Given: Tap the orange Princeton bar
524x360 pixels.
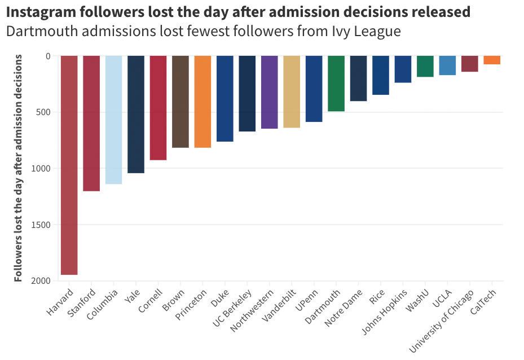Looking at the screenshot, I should tap(202, 102).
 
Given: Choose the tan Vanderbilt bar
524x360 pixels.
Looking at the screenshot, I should tap(292, 91).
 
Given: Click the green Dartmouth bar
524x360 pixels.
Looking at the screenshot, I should tap(336, 84).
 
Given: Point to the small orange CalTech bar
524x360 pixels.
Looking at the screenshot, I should tap(492, 60).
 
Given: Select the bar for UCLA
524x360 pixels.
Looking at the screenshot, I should tap(447, 65).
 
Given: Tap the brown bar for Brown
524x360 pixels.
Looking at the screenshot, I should tap(180, 102).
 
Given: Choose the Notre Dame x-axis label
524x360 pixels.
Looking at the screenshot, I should tap(343, 308).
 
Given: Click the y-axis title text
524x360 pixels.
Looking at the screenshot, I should tap(18, 168).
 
